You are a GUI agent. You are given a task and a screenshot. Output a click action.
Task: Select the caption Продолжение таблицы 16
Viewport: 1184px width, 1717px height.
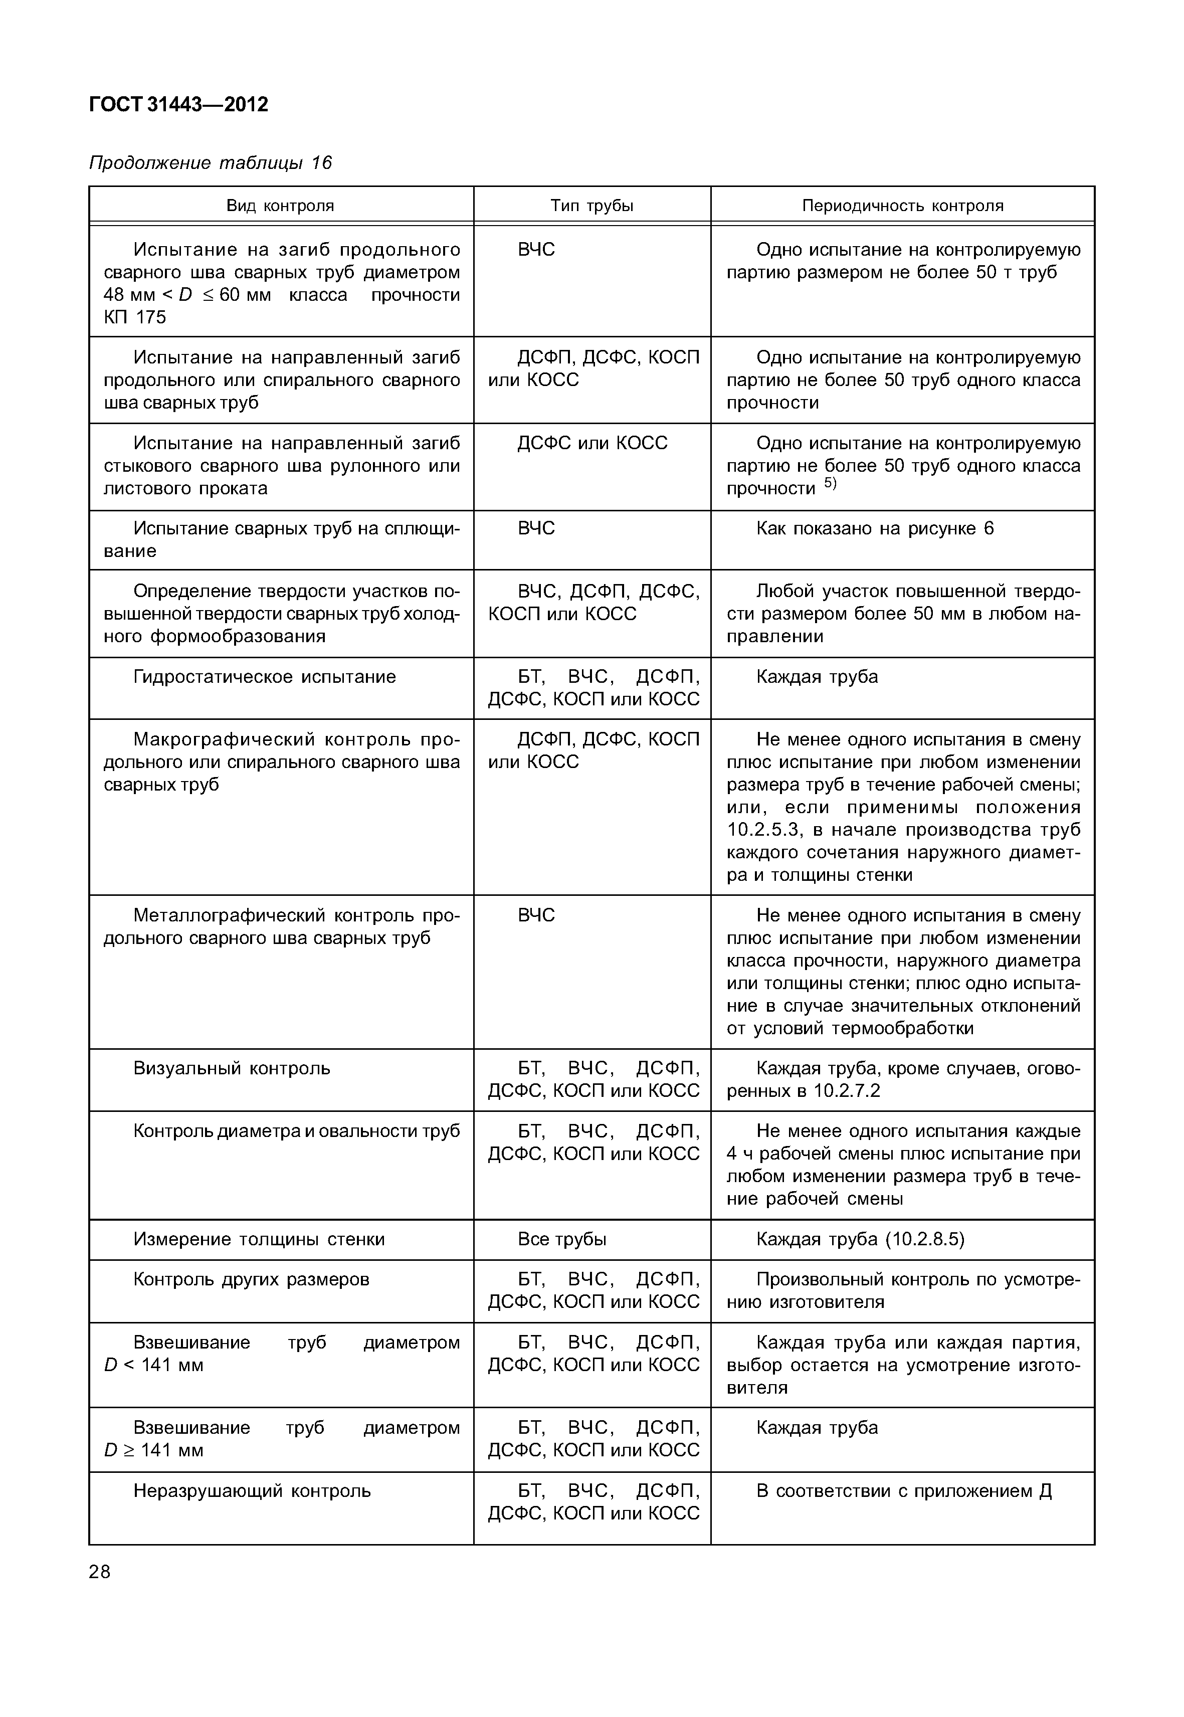click(x=210, y=162)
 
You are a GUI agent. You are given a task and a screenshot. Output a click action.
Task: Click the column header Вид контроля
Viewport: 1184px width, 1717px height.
click(x=280, y=206)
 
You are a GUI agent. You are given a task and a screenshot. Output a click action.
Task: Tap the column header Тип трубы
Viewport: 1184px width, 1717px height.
click(x=592, y=206)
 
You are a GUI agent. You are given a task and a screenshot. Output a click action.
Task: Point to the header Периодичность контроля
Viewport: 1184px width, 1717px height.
click(x=902, y=206)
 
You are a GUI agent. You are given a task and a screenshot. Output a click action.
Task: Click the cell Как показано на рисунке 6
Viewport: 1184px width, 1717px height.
click(x=875, y=528)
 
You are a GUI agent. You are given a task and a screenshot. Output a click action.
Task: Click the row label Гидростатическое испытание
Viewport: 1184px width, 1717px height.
click(x=264, y=677)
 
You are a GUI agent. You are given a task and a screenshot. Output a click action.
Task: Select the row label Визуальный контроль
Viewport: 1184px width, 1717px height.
click(x=232, y=1068)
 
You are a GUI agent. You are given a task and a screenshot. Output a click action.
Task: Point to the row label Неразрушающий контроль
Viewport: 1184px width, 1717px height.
click(x=252, y=1491)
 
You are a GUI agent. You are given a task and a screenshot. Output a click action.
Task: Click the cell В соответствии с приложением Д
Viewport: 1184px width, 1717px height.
click(x=904, y=1491)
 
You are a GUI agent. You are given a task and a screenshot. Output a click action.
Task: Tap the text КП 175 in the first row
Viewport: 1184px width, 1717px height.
click(x=135, y=317)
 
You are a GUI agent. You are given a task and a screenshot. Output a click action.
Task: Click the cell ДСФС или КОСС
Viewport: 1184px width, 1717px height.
click(x=592, y=443)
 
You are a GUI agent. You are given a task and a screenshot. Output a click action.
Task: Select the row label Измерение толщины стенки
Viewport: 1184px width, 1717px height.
click(x=259, y=1239)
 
